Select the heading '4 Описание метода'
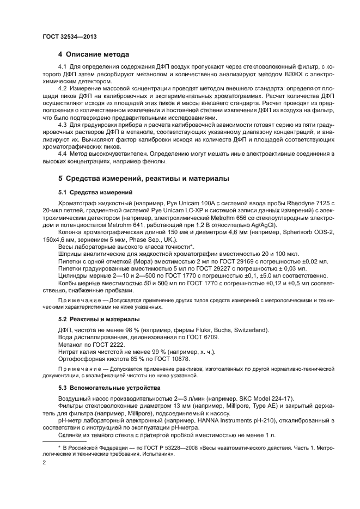click(93, 54)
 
